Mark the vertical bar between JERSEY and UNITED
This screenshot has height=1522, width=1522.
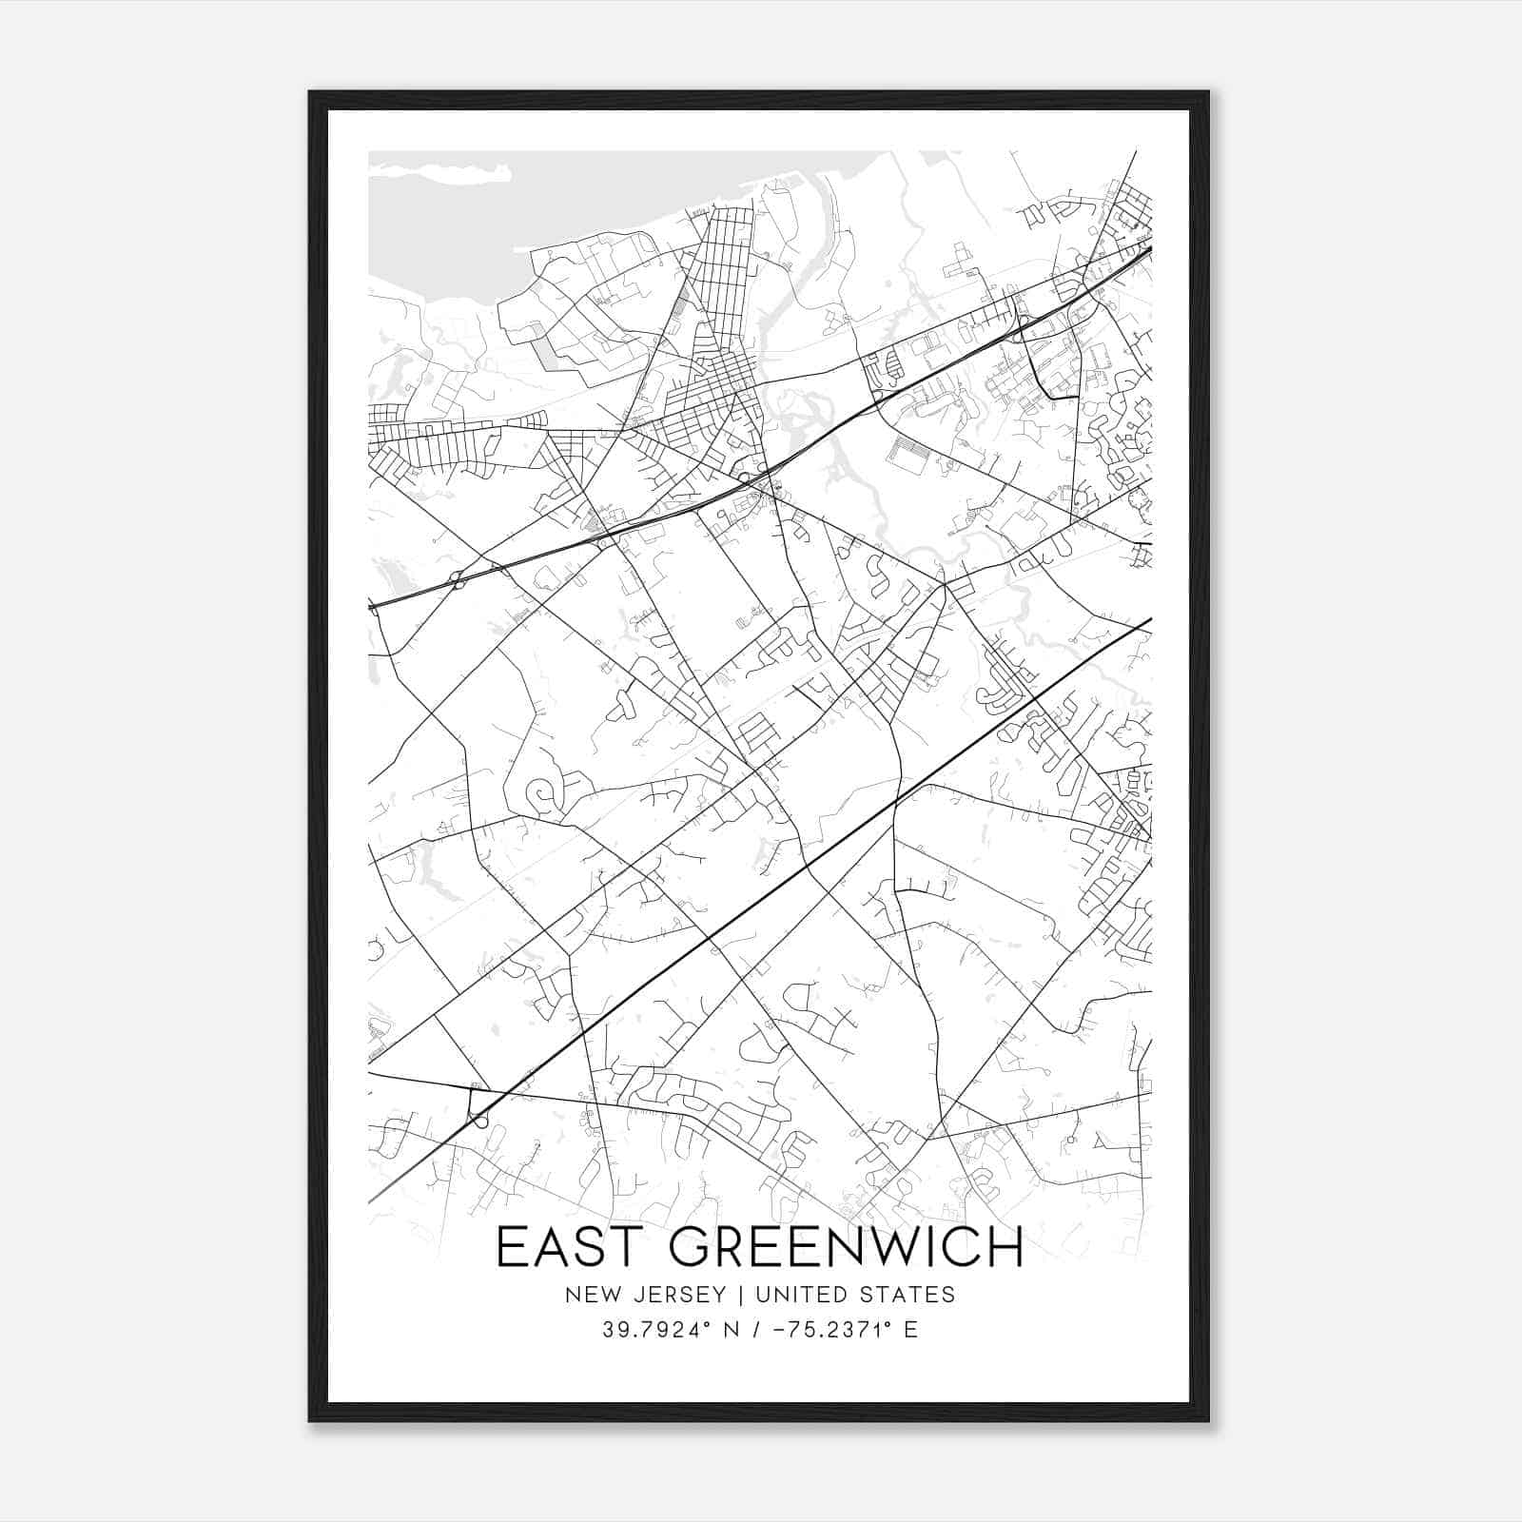[x=728, y=1294]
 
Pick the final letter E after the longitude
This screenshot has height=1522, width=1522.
[x=911, y=1330]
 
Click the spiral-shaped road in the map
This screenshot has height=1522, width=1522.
[x=541, y=793]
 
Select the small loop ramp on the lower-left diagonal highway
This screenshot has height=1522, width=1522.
[x=478, y=1119]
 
